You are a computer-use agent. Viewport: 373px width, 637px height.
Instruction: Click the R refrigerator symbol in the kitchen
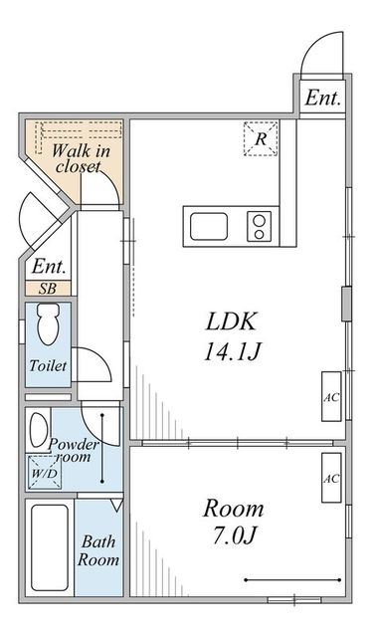point(261,138)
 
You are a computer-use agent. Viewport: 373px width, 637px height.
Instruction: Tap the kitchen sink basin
point(209,226)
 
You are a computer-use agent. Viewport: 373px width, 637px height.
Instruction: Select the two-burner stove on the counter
point(260,226)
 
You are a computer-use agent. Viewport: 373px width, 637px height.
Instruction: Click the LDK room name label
point(232,321)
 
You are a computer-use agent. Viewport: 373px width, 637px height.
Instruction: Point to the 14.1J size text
point(232,351)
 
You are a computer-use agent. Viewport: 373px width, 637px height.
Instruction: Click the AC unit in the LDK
point(331,396)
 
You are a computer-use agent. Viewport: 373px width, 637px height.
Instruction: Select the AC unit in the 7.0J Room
point(331,478)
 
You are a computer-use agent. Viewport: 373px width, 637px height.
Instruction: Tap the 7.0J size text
point(234,535)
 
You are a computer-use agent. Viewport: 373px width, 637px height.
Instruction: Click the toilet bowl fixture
point(49,324)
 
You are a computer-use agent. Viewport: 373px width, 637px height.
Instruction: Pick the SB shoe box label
point(48,289)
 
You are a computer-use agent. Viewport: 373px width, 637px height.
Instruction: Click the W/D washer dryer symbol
point(45,473)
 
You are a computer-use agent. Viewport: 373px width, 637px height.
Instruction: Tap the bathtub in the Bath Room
point(50,547)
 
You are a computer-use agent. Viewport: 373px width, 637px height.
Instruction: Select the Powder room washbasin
point(38,430)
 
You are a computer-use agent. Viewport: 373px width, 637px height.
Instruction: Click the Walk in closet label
point(81,158)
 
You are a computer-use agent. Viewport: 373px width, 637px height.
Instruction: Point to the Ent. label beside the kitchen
point(322,98)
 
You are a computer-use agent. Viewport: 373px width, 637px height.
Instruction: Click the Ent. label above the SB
point(49,267)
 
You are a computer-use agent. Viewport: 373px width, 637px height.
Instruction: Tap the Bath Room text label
point(98,550)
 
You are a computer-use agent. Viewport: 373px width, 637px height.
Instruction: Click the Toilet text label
point(48,366)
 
